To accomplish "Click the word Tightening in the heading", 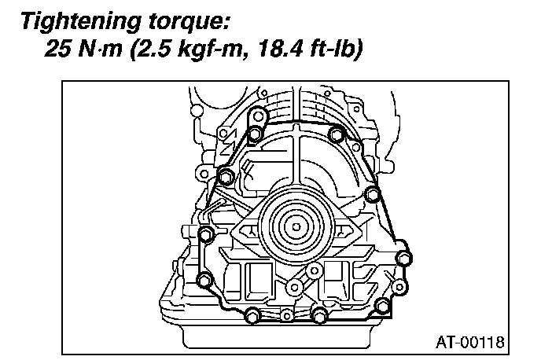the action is pos(81,22).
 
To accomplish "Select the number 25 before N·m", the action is pos(57,49).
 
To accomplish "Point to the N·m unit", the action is pos(100,49).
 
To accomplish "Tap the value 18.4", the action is pos(281,49).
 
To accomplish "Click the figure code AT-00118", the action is pos(470,342).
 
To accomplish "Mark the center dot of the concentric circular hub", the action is pos(296,227).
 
